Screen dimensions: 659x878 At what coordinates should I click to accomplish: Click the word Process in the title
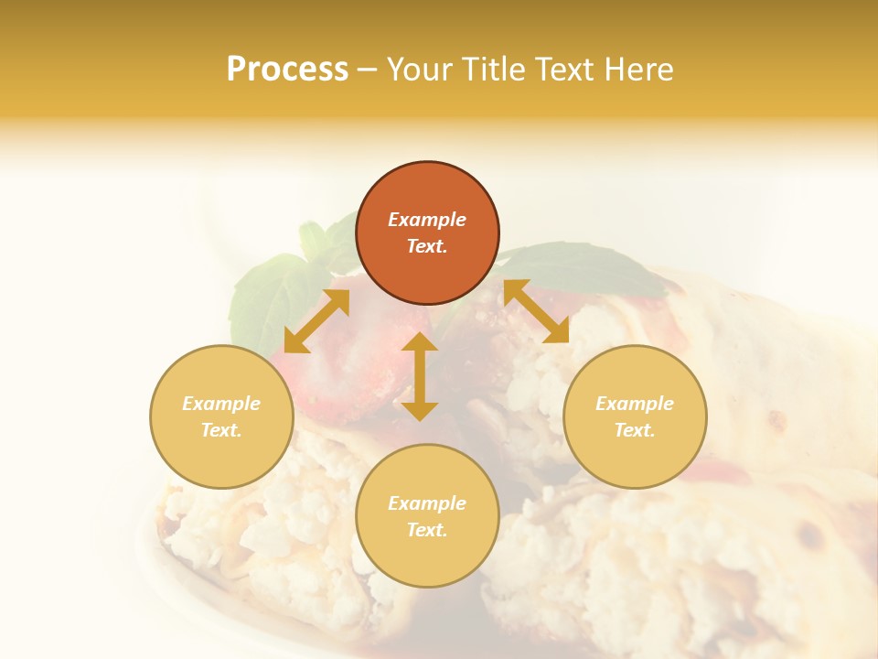tap(287, 70)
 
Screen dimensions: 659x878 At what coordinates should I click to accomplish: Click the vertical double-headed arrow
tap(420, 376)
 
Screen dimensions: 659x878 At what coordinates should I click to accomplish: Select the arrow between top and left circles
tap(316, 321)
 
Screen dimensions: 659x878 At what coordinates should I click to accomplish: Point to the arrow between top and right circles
tap(536, 311)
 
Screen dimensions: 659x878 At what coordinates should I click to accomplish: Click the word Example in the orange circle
tap(427, 220)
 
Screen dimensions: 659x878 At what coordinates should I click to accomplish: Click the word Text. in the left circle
tap(221, 430)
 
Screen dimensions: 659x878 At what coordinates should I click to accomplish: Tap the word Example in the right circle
tap(635, 404)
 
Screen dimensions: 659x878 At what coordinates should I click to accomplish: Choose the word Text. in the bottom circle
tap(427, 530)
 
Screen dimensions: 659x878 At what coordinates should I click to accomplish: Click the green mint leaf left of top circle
tap(270, 291)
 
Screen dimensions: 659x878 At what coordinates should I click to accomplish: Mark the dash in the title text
tap(367, 70)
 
